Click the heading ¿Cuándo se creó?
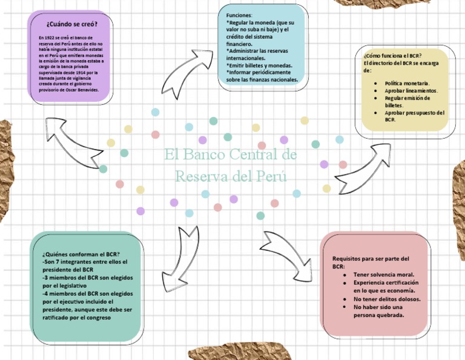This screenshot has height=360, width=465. coord(71,24)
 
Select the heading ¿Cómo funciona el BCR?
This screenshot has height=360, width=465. coord(392,56)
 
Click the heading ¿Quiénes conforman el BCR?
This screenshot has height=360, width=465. coord(81,254)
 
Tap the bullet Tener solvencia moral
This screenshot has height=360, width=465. coord(384,275)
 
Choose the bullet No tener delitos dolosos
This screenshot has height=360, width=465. coord(387,299)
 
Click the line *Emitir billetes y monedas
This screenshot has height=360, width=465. coord(259,65)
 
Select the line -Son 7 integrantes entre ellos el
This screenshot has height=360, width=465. coord(85,262)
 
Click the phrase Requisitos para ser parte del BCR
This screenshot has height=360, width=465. coord(370,262)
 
